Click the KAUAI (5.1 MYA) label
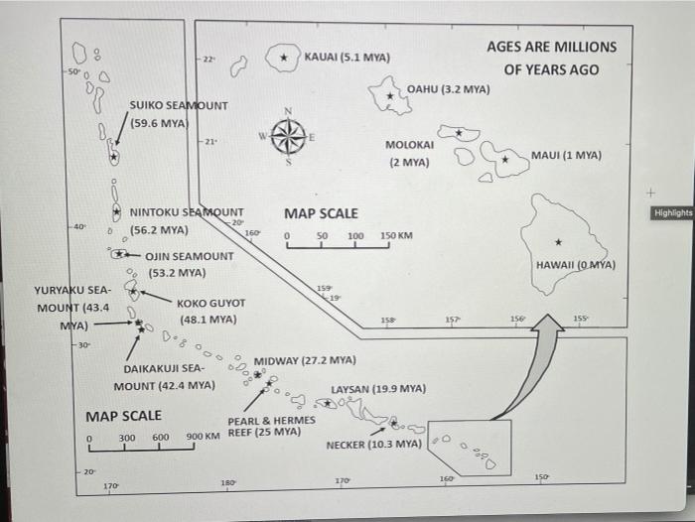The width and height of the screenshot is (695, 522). pos(347,58)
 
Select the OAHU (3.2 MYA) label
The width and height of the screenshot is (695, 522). pos(450,89)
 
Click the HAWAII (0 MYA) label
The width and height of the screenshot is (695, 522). pos(576,265)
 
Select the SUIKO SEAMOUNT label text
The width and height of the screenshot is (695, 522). pos(179,105)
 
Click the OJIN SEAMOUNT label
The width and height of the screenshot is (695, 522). pos(190,256)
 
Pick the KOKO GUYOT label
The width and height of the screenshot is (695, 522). pos(210,304)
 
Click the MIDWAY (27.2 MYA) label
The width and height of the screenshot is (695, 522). pos(305,360)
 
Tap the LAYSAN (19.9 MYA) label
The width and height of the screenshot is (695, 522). pos(378,388)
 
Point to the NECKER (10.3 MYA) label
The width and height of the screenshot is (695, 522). pos(373,444)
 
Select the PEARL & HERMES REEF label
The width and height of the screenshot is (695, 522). pos(271,426)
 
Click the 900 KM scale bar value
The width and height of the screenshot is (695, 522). pos(204,437)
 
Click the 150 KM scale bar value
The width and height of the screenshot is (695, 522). pos(396,236)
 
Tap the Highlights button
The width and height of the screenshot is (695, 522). pos(672,212)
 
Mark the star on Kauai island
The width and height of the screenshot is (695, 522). pos(286,59)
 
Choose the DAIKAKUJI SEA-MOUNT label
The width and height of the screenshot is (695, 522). pos(165,376)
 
